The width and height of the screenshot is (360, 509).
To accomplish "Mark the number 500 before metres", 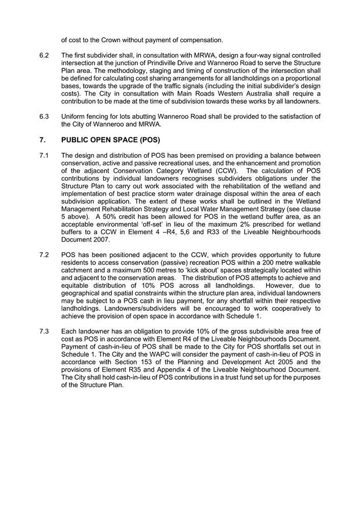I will [x=177, y=270].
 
